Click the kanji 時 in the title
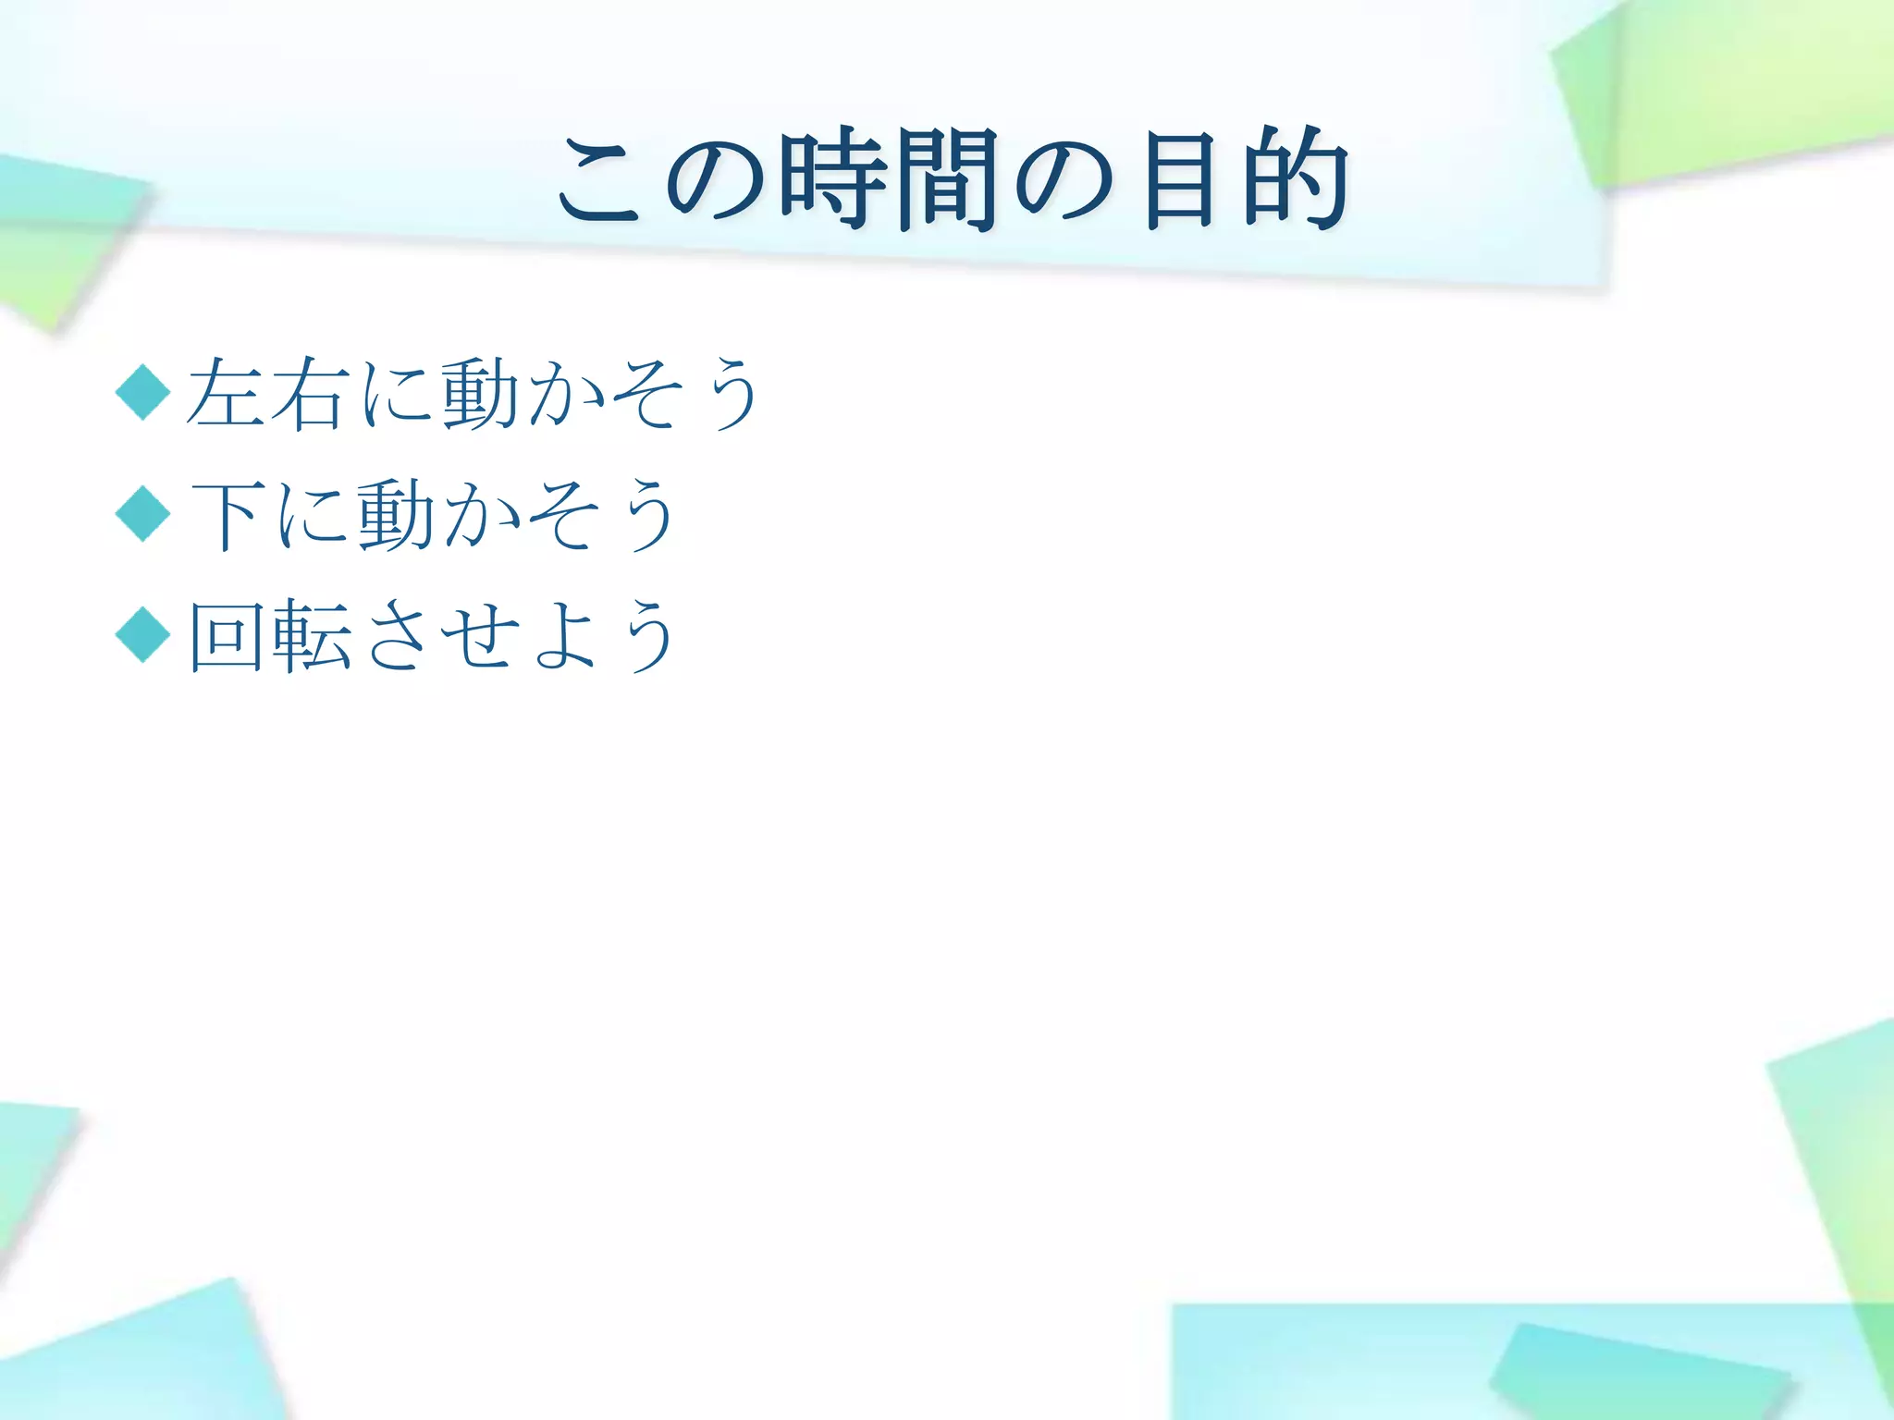tap(829, 179)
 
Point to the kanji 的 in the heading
tap(1295, 179)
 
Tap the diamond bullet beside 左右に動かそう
tap(143, 392)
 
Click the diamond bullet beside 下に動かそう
tap(143, 514)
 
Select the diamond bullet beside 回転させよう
tap(143, 635)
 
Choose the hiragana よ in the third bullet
tap(564, 636)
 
